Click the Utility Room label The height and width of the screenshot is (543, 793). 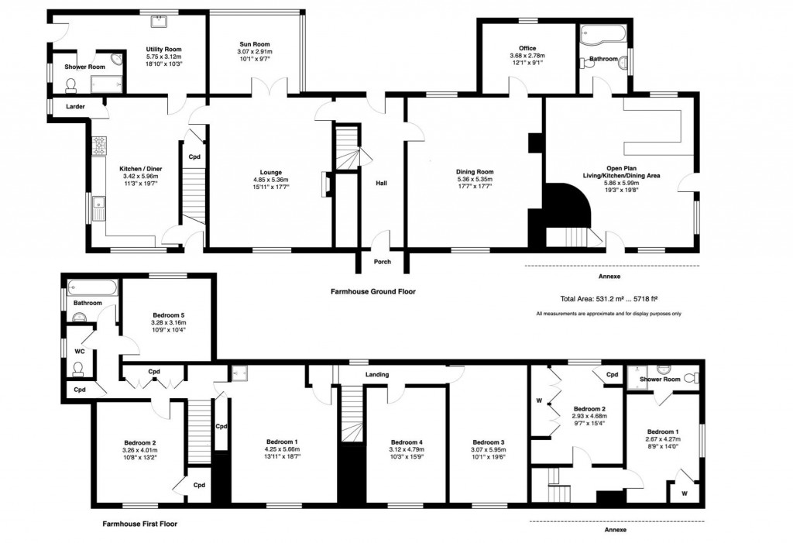pos(163,49)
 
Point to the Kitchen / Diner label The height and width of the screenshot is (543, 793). pos(140,168)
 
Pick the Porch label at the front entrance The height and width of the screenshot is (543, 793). pos(382,262)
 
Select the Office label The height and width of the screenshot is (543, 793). pos(527,48)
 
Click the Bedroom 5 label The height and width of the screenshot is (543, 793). pos(168,315)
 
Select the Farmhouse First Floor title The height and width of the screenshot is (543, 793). pos(139,524)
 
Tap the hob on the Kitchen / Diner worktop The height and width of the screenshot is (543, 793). pos(99,145)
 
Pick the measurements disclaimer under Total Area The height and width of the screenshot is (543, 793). pos(608,314)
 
